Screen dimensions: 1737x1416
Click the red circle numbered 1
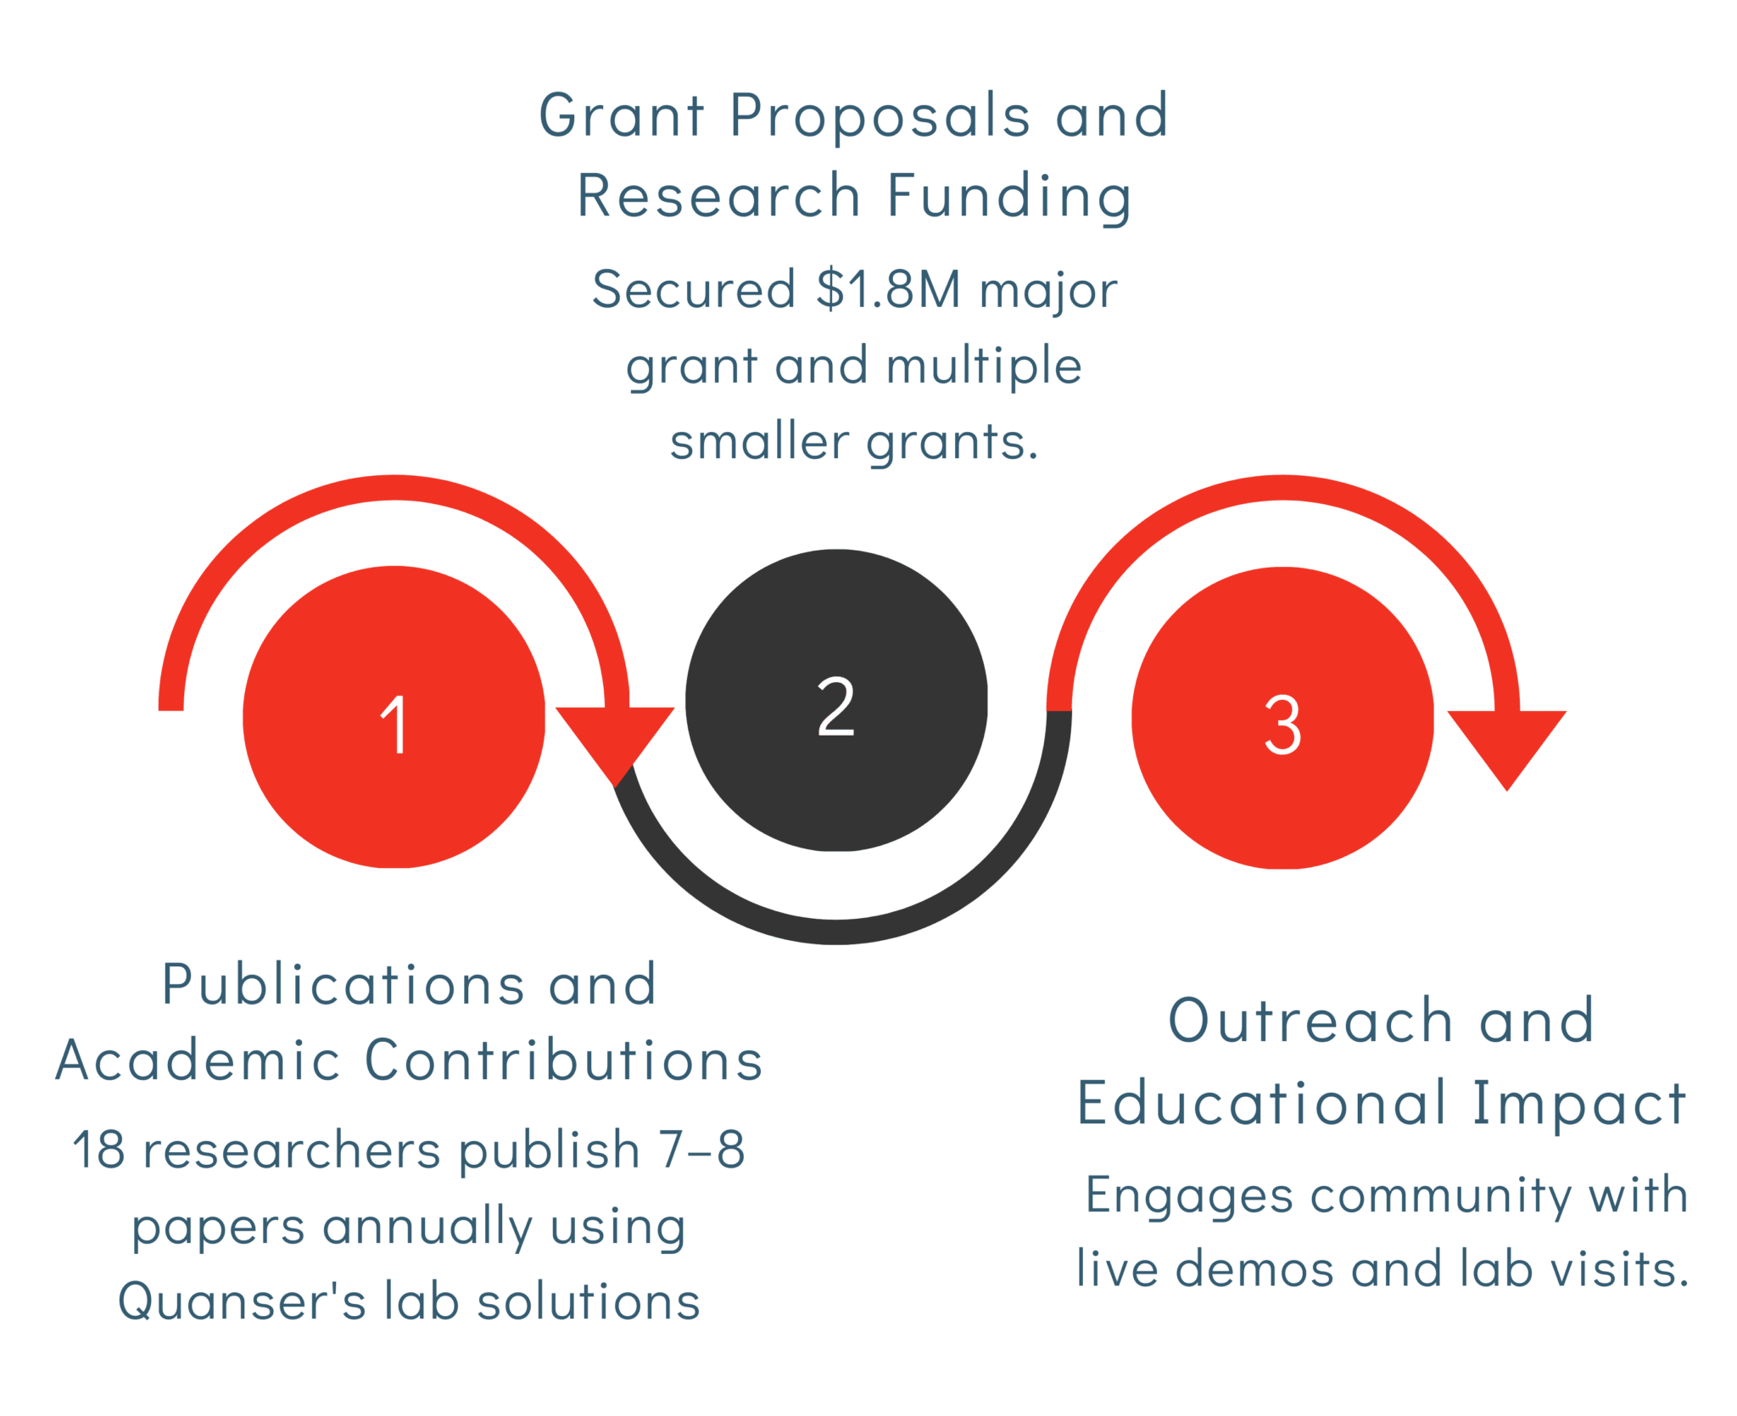394,717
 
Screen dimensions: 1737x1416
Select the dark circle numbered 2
836,700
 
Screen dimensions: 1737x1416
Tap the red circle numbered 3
1282,718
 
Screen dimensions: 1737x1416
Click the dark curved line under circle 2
836,932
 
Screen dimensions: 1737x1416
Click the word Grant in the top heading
622,115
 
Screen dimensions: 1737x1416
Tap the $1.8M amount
889,288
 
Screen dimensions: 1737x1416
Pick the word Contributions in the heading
564,1060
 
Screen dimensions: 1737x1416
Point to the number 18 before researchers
98,1150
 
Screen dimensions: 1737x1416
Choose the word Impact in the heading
1579,1105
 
